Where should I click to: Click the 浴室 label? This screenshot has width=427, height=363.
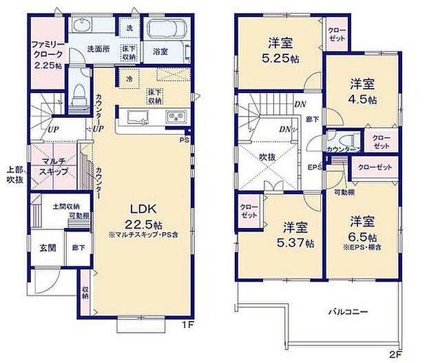tap(160, 51)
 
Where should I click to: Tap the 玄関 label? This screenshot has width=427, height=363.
tap(47, 248)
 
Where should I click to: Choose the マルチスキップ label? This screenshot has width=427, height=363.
tap(53, 166)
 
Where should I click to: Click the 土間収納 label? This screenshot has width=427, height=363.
tap(65, 206)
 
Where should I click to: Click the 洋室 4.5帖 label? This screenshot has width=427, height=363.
tap(362, 91)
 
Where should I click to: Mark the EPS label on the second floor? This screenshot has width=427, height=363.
tap(313, 166)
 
